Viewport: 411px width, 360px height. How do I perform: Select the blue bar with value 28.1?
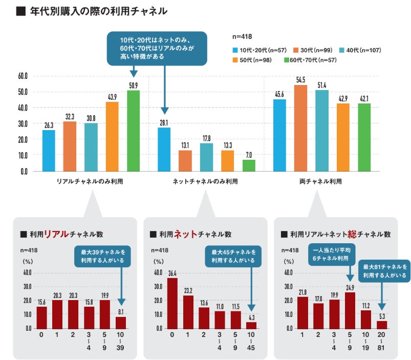(164, 149)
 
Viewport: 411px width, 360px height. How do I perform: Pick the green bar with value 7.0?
(249, 165)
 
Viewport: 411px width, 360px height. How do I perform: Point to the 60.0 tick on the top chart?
(23, 76)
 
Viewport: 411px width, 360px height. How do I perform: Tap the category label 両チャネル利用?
(320, 181)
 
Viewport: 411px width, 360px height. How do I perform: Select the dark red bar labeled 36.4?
(172, 303)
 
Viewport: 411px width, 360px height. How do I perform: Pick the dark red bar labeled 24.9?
(351, 310)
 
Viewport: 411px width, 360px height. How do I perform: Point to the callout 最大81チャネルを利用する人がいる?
(385, 271)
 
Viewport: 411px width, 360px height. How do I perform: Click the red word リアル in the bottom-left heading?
(56, 234)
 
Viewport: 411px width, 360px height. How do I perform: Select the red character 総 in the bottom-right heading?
(353, 234)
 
